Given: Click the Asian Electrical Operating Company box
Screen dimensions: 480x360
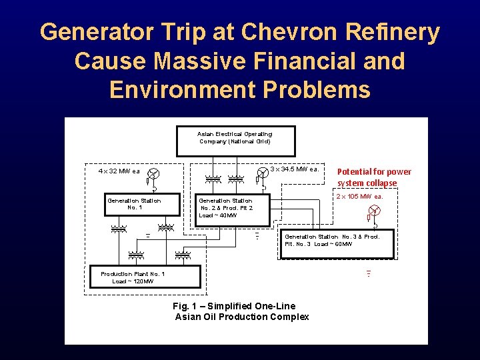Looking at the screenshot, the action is pyautogui.click(x=235, y=137).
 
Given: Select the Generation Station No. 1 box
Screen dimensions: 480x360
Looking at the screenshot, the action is pyautogui.click(x=133, y=204).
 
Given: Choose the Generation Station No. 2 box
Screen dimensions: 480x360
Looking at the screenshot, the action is pyautogui.click(x=226, y=208).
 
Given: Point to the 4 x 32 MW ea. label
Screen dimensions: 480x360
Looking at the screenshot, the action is pyautogui.click(x=119, y=171).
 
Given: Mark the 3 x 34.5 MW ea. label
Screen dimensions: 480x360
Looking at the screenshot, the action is pyautogui.click(x=295, y=169).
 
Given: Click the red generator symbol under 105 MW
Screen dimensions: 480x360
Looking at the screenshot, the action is pyautogui.click(x=375, y=211).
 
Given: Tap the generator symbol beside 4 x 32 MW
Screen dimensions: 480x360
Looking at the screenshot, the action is pyautogui.click(x=153, y=173).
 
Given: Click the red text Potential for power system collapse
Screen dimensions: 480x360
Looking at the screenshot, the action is pyautogui.click(x=374, y=177).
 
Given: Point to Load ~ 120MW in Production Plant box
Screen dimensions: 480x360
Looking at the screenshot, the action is pyautogui.click(x=133, y=281).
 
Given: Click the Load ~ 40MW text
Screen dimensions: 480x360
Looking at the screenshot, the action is pyautogui.click(x=218, y=215).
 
